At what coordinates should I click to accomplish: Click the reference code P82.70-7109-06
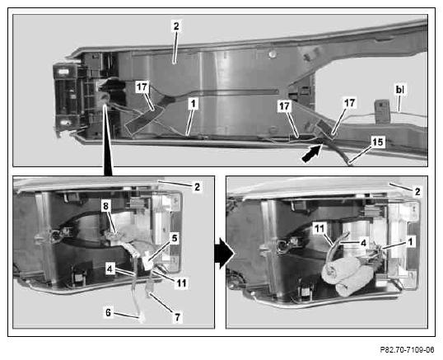point(407,350)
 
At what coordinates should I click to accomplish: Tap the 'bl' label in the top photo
point(400,90)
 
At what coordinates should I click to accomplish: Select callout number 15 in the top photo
point(378,142)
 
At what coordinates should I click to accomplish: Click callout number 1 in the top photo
point(193,104)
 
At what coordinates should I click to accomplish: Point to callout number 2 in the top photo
point(176,26)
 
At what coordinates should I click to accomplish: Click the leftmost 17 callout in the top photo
point(142,86)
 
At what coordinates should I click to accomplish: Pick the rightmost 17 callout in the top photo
point(349,102)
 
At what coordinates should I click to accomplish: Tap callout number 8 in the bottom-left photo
point(105,206)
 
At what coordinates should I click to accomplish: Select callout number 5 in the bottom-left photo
point(175,238)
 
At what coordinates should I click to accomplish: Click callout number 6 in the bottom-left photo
point(108,312)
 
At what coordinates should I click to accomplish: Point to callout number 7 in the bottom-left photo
point(177,317)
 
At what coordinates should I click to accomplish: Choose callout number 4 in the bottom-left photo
point(110,269)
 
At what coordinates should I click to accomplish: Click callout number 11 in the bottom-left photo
point(181,283)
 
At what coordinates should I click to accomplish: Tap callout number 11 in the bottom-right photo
point(319,228)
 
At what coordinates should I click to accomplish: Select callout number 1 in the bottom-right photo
point(411,241)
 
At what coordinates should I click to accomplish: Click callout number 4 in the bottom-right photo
point(364,243)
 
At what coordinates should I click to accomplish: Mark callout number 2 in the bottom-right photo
point(417,192)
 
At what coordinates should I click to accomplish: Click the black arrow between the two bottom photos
point(225,253)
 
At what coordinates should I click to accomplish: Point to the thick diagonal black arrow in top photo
point(312,153)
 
